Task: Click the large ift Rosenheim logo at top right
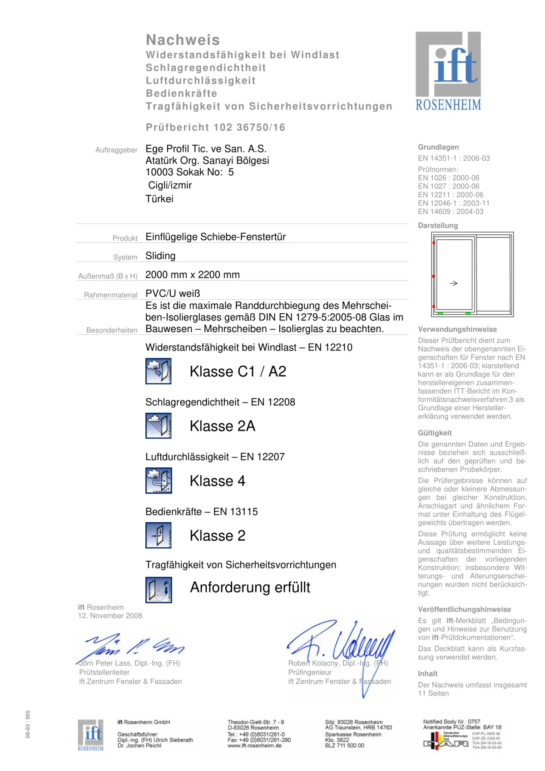tap(448, 71)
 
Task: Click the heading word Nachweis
tap(183, 40)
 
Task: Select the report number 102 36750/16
tap(249, 128)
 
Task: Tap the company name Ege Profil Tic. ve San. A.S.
tap(206, 149)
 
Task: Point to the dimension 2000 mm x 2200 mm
tap(193, 275)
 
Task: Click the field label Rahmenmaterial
tap(111, 295)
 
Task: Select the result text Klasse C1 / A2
tap(238, 371)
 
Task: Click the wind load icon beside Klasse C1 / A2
tap(159, 371)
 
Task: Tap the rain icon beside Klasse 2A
tap(159, 426)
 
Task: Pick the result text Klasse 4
tap(218, 481)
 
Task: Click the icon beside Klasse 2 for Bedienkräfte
tap(159, 535)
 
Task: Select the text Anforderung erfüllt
tap(250, 587)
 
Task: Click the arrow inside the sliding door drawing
tap(453, 283)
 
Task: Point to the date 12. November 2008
tap(110, 616)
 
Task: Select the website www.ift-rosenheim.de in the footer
tap(254, 746)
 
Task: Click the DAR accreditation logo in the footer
tap(446, 741)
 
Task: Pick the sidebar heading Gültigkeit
tap(435, 433)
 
